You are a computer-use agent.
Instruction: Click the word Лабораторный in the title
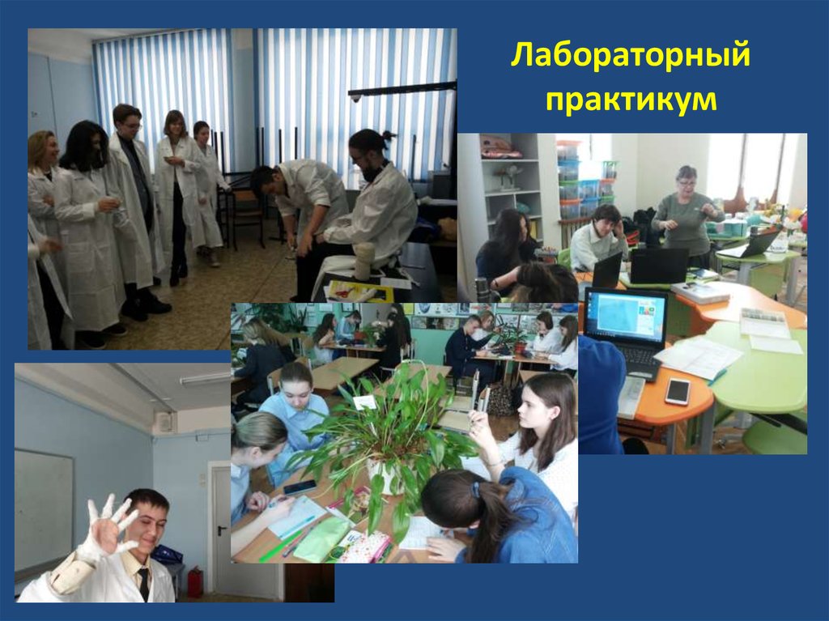(x=631, y=59)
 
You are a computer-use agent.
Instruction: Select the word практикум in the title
(x=631, y=100)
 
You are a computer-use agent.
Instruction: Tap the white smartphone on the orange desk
(x=677, y=391)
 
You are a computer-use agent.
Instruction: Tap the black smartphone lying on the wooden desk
(x=300, y=487)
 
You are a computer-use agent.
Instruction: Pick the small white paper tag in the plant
(x=365, y=402)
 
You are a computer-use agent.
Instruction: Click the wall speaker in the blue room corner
(x=164, y=422)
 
